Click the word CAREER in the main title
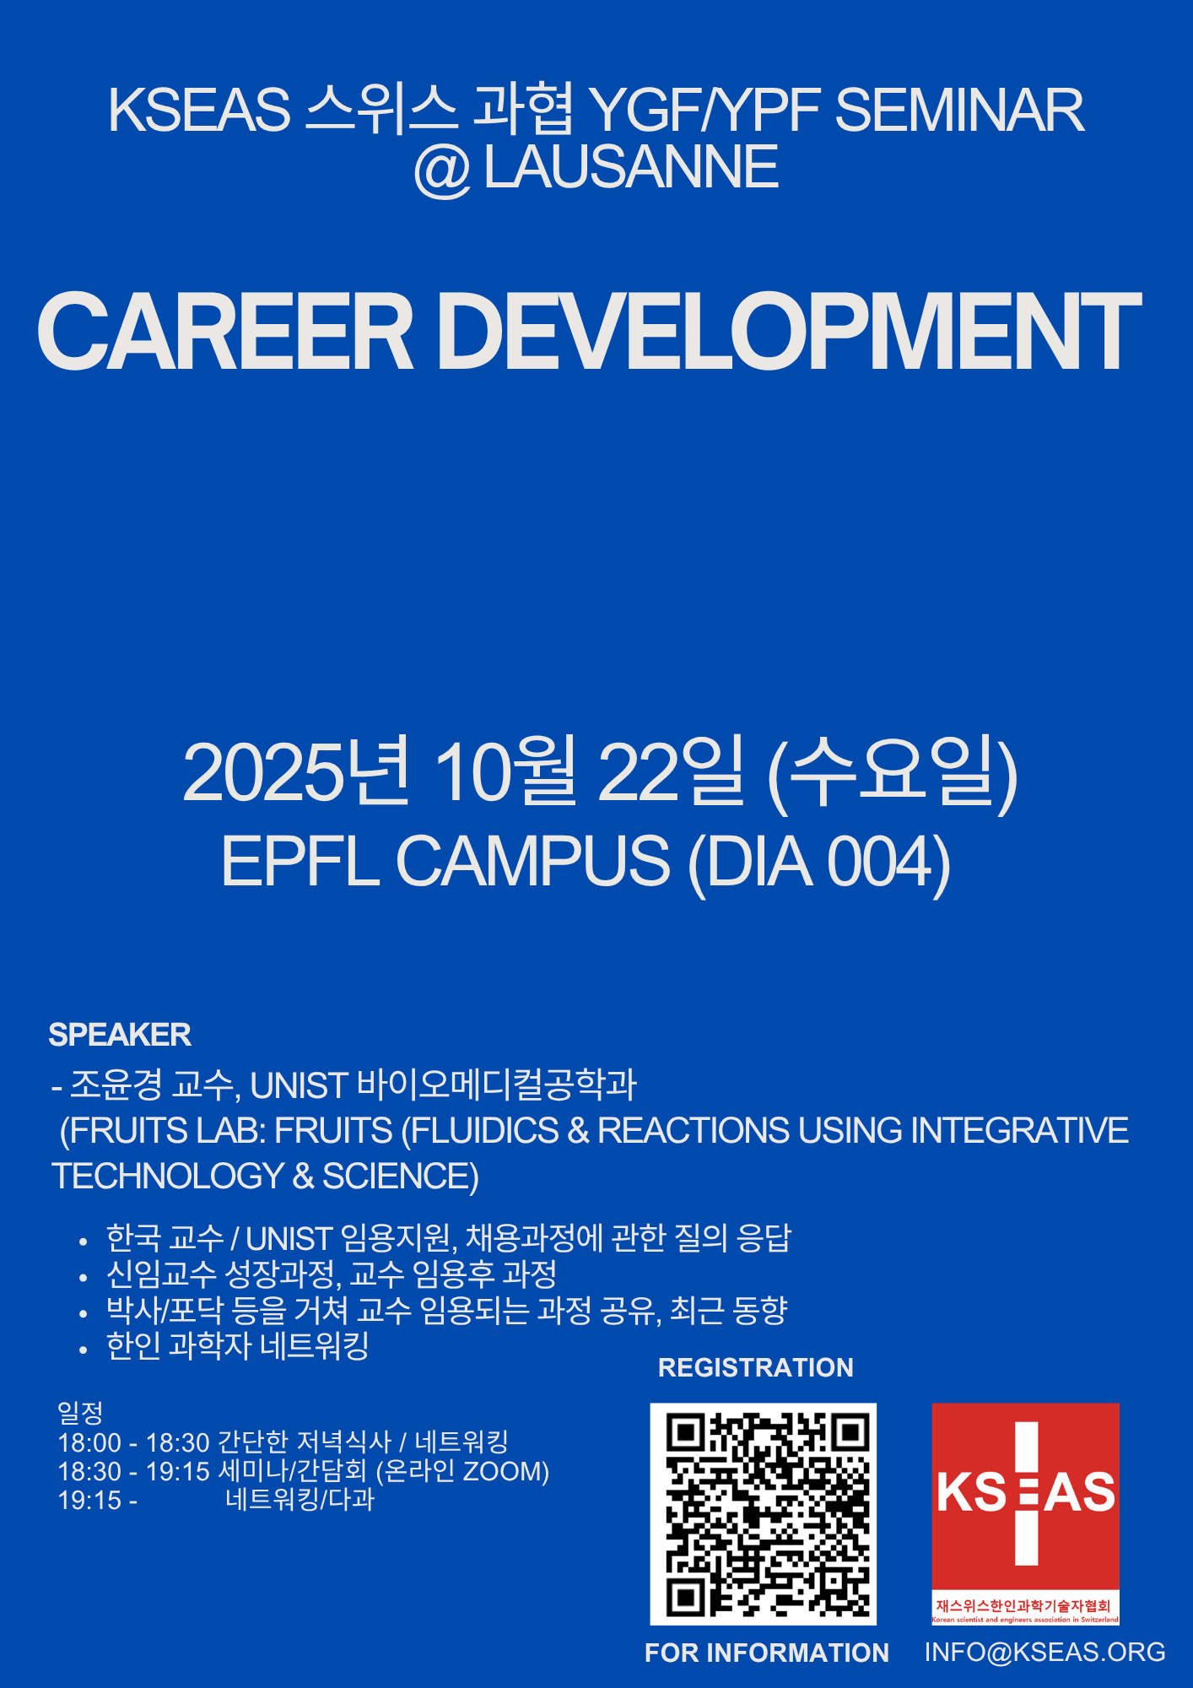tap(225, 331)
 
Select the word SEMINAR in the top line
tap(959, 110)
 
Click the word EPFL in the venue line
tap(300, 860)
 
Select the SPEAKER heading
tap(120, 1035)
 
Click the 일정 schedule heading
tap(80, 1412)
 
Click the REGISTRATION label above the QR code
tap(756, 1367)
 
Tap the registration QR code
tap(763, 1513)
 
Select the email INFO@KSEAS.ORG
tap(1045, 1653)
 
